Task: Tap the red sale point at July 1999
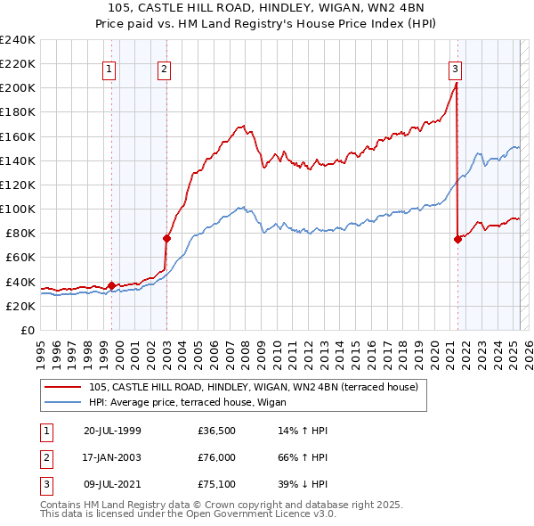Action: (111, 285)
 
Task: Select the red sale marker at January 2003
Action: (166, 238)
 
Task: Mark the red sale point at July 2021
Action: (457, 239)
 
